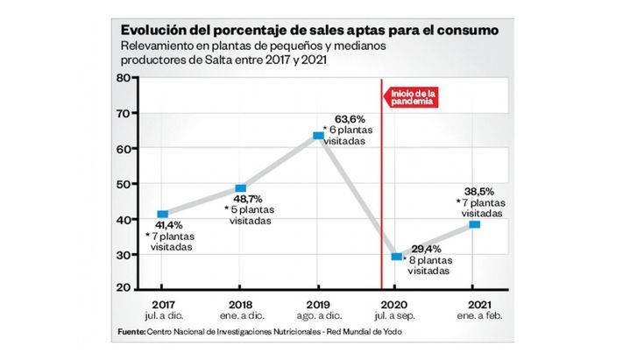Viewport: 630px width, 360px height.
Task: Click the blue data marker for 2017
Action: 163,214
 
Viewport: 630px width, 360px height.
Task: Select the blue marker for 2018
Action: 241,188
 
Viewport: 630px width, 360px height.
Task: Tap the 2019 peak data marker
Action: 319,136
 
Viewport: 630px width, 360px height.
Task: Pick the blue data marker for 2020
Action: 397,257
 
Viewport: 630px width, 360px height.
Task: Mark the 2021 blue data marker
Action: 475,224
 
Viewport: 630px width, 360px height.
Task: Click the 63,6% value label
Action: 350,119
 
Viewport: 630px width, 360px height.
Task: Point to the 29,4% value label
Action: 427,249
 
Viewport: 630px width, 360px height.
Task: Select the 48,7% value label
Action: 248,199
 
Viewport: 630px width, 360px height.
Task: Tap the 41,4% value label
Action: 169,225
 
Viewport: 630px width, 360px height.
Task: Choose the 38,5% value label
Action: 479,192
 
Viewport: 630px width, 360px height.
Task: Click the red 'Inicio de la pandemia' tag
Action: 411,97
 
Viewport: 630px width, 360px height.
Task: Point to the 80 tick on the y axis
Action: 124,78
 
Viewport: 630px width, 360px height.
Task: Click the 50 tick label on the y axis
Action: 124,184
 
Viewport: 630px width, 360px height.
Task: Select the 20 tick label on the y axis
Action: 124,287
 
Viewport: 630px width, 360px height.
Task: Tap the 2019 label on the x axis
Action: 318,305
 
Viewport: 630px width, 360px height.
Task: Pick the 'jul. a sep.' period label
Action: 395,316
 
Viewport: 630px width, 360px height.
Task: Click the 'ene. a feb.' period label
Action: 480,316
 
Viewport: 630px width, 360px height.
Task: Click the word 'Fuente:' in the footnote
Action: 131,332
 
